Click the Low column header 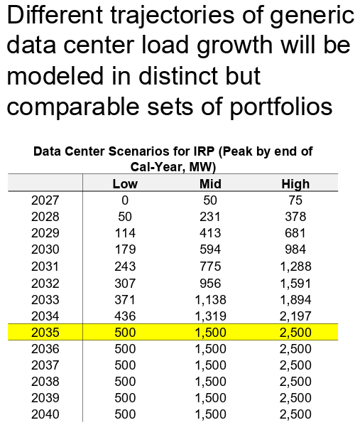tap(125, 184)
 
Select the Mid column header tap(210, 184)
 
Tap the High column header tap(295, 184)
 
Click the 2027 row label tap(45, 200)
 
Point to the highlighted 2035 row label tap(45, 332)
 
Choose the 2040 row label tap(45, 414)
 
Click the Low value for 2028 tap(125, 217)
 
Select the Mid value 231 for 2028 tap(210, 217)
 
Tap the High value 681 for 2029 tap(295, 233)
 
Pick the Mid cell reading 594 tap(210, 249)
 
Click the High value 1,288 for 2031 tap(295, 266)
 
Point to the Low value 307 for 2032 tap(125, 282)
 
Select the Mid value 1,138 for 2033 tap(210, 299)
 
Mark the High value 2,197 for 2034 tap(295, 315)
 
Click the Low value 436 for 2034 tap(125, 315)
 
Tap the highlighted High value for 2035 tap(295, 332)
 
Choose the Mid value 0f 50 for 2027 tap(210, 200)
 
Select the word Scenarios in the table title tap(132, 152)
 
